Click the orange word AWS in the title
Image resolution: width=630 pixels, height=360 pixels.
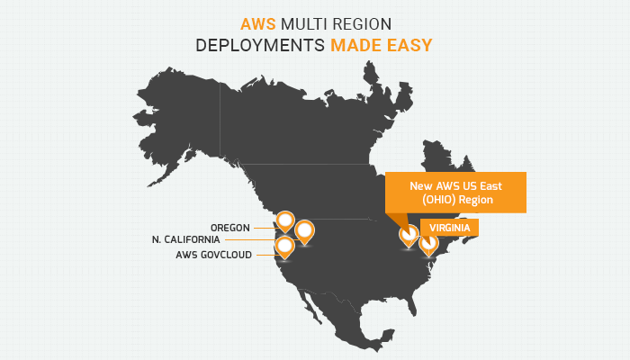[x=258, y=24]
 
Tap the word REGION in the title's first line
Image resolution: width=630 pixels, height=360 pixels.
[x=362, y=24]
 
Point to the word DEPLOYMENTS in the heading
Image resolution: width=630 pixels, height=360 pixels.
[x=260, y=45]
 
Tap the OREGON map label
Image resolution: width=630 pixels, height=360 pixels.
[x=230, y=228]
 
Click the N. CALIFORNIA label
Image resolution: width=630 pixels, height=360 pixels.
[x=186, y=240]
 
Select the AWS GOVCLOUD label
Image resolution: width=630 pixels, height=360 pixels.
[x=214, y=255]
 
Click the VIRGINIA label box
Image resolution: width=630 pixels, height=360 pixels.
[x=450, y=228]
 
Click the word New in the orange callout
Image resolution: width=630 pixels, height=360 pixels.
[x=421, y=186]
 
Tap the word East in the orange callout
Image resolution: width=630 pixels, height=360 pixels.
[x=491, y=186]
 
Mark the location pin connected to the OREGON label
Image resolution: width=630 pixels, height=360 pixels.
[x=285, y=220]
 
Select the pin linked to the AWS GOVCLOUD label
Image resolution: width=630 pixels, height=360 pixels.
[x=285, y=247]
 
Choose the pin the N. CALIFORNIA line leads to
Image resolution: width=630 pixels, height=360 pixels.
[x=304, y=231]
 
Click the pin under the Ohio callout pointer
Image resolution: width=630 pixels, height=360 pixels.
[x=409, y=236]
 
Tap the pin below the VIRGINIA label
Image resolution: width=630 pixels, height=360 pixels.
[x=428, y=244]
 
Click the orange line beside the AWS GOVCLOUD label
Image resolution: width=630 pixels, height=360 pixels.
[x=266, y=255]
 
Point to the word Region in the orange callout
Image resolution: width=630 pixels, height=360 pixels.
[x=476, y=200]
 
